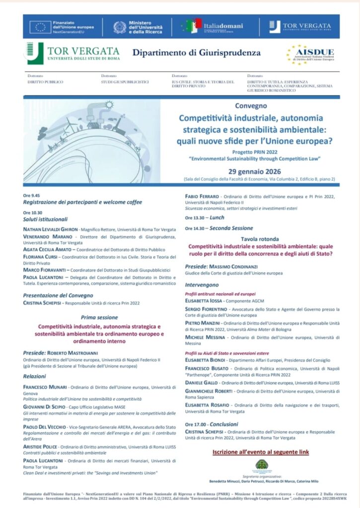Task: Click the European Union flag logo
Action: pos(40,27)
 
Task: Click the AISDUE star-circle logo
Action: pos(297,55)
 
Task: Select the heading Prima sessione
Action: pos(99,317)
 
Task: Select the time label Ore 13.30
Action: pos(195,217)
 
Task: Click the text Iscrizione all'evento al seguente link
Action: pos(260,452)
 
